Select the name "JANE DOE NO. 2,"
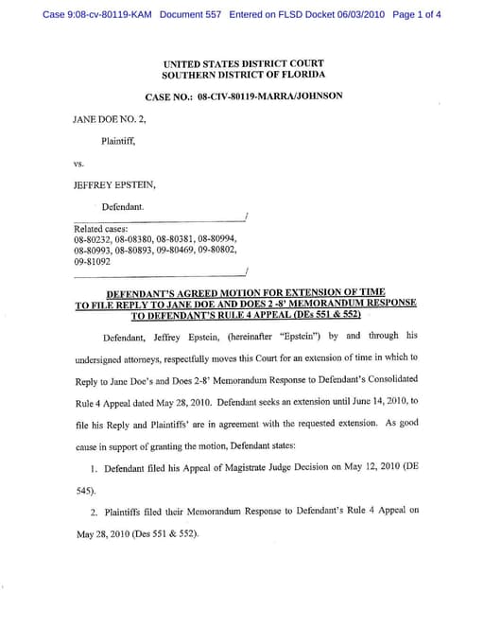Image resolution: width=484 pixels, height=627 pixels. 106,120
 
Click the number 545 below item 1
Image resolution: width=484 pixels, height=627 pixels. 83,491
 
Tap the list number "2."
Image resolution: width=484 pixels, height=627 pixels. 95,512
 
